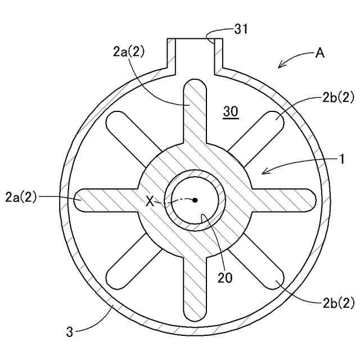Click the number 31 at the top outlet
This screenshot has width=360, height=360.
(x=241, y=29)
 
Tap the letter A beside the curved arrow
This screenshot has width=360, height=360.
(x=320, y=54)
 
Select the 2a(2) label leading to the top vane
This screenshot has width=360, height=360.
(x=129, y=52)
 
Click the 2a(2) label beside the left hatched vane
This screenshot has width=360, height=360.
(x=21, y=197)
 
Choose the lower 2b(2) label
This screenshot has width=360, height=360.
(x=338, y=303)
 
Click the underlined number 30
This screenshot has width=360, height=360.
(x=231, y=112)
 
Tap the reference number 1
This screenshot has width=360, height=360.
(x=341, y=159)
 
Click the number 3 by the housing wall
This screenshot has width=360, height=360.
(x=70, y=332)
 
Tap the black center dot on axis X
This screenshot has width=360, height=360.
(x=195, y=200)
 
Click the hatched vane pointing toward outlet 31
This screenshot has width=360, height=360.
(x=195, y=112)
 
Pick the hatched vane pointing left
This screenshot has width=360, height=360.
(x=107, y=200)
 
